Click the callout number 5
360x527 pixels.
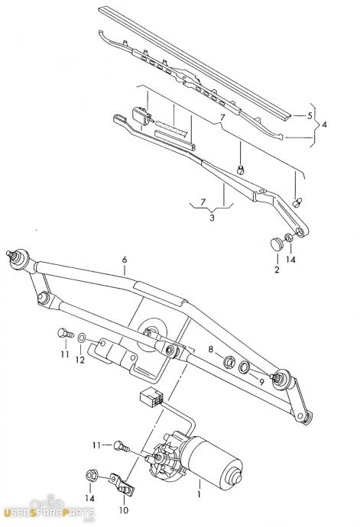click(310, 116)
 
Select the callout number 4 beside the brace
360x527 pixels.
click(323, 124)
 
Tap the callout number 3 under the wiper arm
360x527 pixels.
click(212, 218)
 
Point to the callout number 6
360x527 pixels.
click(125, 260)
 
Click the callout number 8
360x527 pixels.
click(211, 349)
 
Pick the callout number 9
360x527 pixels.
click(261, 382)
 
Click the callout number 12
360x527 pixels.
click(80, 360)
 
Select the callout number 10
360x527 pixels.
click(124, 510)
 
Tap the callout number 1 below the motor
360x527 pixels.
click(199, 494)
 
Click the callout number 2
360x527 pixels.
click(277, 270)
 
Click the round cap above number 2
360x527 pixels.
click(277, 244)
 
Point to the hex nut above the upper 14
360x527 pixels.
click(289, 238)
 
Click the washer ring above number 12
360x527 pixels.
click(82, 337)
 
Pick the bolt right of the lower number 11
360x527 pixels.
click(121, 446)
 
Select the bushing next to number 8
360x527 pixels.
click(229, 361)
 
